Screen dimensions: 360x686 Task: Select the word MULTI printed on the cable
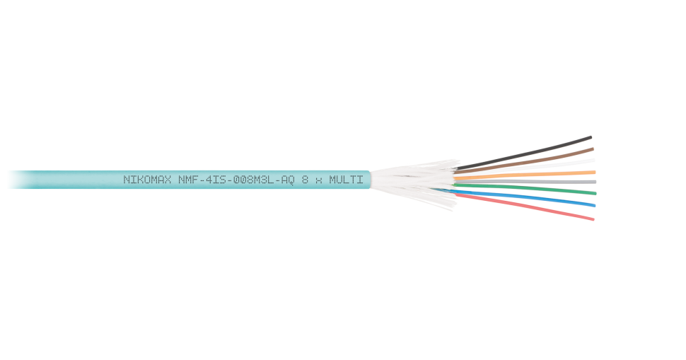pyautogui.click(x=346, y=180)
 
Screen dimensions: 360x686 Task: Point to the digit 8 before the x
pyautogui.click(x=305, y=180)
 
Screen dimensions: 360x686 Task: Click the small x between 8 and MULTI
pyautogui.click(x=318, y=180)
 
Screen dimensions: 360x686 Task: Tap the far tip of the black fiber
pyautogui.click(x=591, y=137)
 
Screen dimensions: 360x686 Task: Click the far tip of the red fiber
pyautogui.click(x=593, y=219)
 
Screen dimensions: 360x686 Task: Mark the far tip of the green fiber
pyautogui.click(x=595, y=192)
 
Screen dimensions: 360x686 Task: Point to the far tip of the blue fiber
pyautogui.click(x=594, y=206)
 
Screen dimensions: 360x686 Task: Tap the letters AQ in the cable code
pyautogui.click(x=286, y=180)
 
